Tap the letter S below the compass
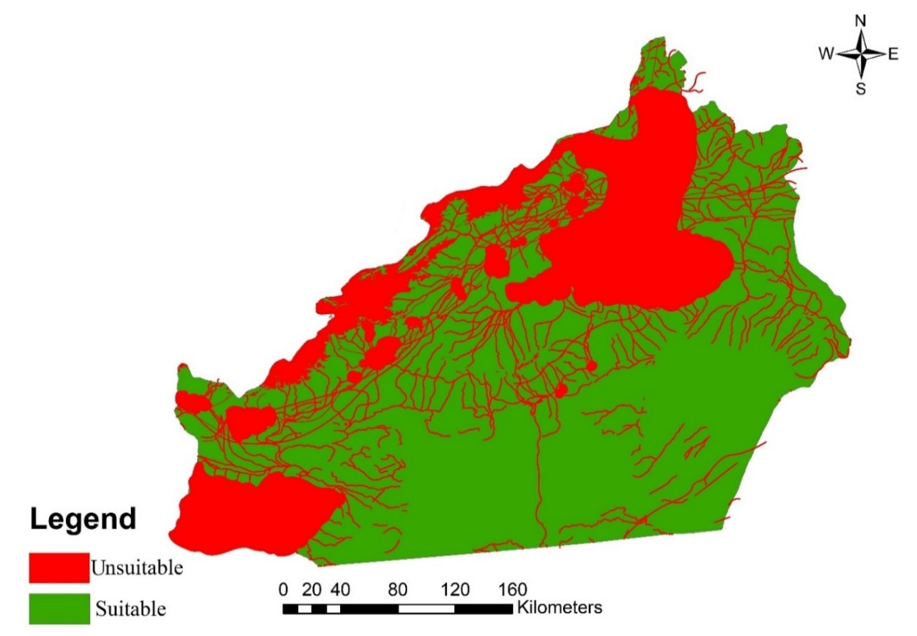click(861, 89)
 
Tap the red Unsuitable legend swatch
click(59, 568)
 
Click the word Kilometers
click(559, 608)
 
